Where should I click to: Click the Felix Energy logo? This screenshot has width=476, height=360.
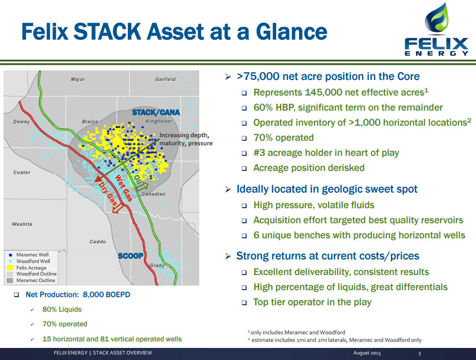pos(437,30)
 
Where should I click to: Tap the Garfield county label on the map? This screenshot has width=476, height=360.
pos(166,79)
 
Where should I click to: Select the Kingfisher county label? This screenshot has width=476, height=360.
pos(159,121)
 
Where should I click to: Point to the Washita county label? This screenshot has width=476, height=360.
pos(22,224)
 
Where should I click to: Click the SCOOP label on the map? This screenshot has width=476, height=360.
pos(130,256)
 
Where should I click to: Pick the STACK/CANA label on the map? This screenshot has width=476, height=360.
pos(156,113)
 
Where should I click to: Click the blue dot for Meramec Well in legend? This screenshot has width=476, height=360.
pos(11,255)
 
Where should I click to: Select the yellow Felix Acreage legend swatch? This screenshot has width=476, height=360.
pos(10,267)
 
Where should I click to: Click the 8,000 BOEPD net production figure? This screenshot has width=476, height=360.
pos(106,295)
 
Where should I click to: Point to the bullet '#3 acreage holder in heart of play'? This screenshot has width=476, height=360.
pos(326,153)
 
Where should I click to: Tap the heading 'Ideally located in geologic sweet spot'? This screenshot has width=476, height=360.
pos(327,189)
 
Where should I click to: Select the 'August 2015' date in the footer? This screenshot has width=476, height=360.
pos(367,353)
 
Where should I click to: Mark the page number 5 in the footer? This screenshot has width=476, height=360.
pos(420,353)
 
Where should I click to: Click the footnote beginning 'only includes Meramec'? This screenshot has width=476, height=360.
pos(296,332)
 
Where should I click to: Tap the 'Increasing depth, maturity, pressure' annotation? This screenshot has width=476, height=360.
pos(186,139)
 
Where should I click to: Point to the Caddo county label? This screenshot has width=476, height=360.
pos(98,242)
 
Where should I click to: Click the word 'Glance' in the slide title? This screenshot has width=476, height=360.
pos(291,32)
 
